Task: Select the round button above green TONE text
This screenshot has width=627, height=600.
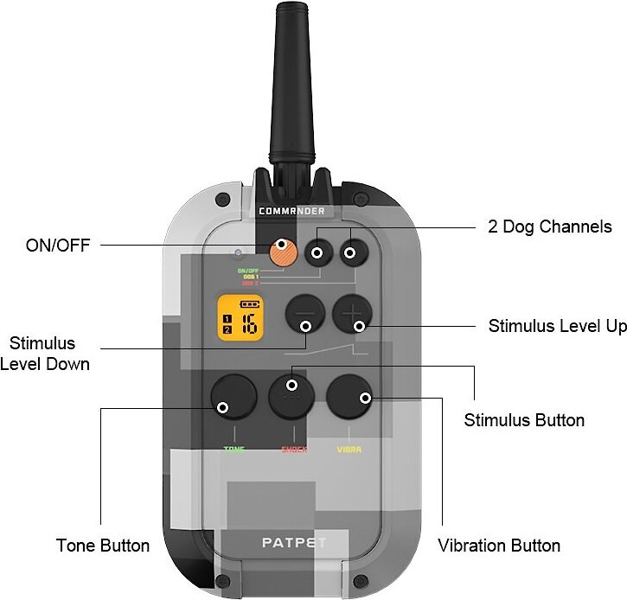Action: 233,397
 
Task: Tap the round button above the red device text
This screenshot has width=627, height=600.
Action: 292,397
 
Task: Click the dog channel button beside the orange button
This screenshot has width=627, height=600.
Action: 318,252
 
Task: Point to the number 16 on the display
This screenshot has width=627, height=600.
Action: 248,325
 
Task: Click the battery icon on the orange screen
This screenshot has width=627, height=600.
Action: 249,305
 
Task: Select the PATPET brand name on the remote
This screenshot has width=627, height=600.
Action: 292,544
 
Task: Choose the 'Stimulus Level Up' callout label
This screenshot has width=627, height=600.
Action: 557,327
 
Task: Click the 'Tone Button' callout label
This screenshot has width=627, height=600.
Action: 103,546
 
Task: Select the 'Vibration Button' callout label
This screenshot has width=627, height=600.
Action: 498,546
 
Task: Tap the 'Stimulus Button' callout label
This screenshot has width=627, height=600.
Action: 524,420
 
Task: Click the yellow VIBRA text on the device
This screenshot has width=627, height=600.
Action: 349,450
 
